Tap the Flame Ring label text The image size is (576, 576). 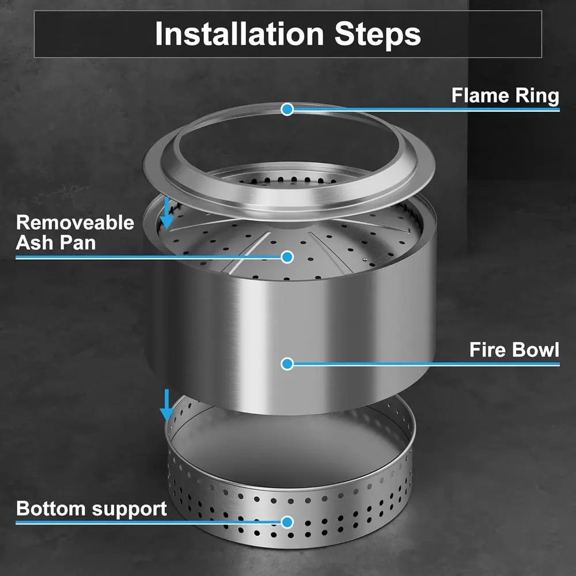505,95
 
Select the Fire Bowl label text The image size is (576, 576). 514,350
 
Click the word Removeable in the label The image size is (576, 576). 75,222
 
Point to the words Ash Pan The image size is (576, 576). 56,242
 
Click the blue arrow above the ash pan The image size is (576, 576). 167,214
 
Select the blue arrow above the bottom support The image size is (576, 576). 166,406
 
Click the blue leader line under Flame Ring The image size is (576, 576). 426,109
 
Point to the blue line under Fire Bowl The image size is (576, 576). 426,364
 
